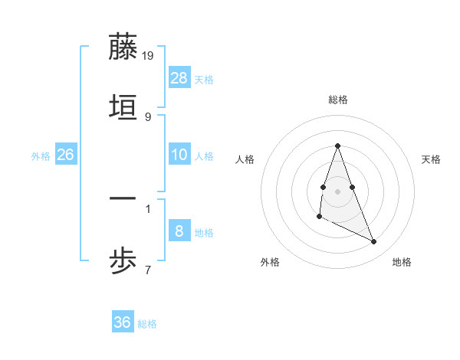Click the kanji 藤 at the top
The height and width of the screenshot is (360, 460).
(x=123, y=47)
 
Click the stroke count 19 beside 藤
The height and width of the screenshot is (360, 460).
(x=149, y=56)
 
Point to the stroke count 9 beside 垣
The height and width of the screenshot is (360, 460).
(x=147, y=116)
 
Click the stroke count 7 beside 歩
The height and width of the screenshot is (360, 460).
(x=147, y=270)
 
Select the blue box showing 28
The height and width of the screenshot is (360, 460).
(x=179, y=78)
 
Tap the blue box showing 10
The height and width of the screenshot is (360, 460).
(x=179, y=155)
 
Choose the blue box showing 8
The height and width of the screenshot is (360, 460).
(x=179, y=231)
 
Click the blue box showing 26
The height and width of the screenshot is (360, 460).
(x=65, y=155)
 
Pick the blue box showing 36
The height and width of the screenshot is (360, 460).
(x=123, y=322)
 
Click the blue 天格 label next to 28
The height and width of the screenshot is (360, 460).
(x=204, y=80)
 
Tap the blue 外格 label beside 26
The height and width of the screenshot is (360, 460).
(x=41, y=156)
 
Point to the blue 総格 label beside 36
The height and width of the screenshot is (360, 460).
(x=147, y=324)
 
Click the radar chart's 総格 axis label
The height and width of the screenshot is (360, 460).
(x=338, y=100)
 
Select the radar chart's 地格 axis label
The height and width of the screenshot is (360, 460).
(x=402, y=262)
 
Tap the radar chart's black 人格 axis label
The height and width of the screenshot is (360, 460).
(x=245, y=159)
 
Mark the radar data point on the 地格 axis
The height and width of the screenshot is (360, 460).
(x=374, y=241)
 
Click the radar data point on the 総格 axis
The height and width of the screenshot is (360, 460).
(x=337, y=146)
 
